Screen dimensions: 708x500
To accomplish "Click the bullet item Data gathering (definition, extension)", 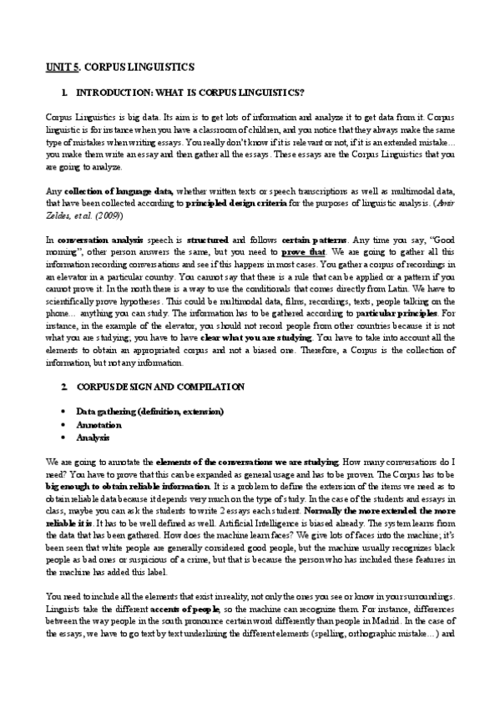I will [149, 412].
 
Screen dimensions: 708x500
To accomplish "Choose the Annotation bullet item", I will [99, 425].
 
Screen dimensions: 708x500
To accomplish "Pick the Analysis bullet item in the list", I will [93, 437].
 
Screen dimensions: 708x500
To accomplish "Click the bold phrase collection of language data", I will [116, 192].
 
